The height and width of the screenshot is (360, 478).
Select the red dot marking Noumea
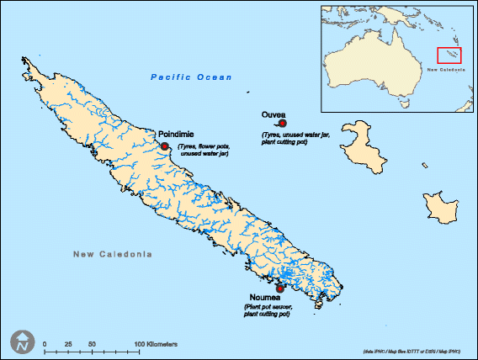coord(256,289)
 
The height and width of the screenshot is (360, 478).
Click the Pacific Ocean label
coord(190,77)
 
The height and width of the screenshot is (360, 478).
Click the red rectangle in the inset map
coord(449,56)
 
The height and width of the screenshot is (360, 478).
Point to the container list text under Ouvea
coord(295,138)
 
